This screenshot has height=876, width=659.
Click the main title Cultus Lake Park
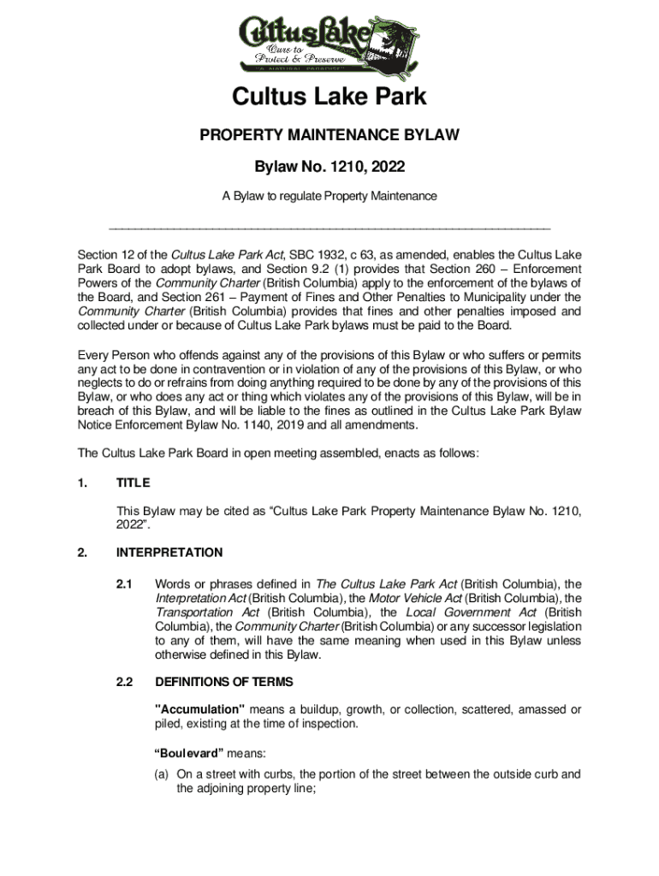pyautogui.click(x=329, y=98)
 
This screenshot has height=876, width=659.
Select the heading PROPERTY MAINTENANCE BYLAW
pyautogui.click(x=329, y=135)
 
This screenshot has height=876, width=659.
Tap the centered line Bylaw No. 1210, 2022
pyautogui.click(x=329, y=166)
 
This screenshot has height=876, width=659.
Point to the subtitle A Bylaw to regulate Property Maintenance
pyautogui.click(x=329, y=196)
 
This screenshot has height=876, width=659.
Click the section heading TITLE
pyautogui.click(x=134, y=483)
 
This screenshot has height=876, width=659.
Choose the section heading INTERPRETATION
pyautogui.click(x=169, y=553)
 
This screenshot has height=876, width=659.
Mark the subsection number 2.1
pyautogui.click(x=124, y=584)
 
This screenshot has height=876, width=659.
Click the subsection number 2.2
pyautogui.click(x=124, y=682)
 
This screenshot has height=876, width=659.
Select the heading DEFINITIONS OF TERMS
pyautogui.click(x=223, y=682)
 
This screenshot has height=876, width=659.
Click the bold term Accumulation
pyautogui.click(x=199, y=710)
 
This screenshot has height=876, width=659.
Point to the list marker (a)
pyautogui.click(x=162, y=774)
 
